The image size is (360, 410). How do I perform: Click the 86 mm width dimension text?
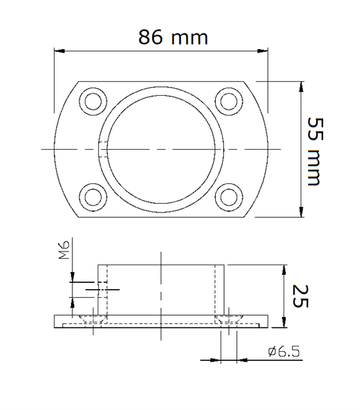pyautogui.click(x=173, y=38)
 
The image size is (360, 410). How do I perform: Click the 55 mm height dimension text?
pyautogui.click(x=315, y=152)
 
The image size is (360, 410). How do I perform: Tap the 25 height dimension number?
pyautogui.click(x=301, y=296)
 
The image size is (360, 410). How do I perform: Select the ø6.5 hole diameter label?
pyautogui.click(x=284, y=351)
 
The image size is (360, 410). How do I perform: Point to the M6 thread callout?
pyautogui.click(x=64, y=249)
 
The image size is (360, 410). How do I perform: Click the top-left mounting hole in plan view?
pyautogui.click(x=93, y=101)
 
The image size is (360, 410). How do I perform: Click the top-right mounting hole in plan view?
pyautogui.click(x=229, y=101)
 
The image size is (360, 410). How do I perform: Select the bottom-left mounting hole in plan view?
pyautogui.click(x=93, y=197)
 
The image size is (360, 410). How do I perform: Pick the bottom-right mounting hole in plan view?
pyautogui.click(x=229, y=197)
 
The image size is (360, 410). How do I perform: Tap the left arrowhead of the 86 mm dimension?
pyautogui.click(x=59, y=51)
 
